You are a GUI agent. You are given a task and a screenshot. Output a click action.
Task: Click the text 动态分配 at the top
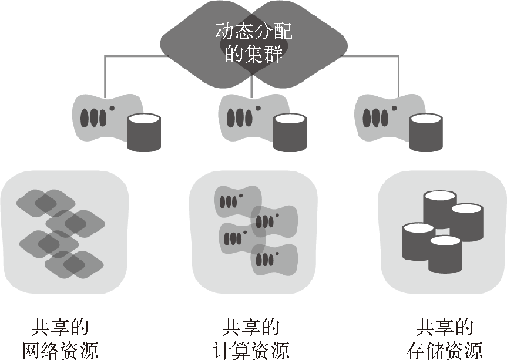click(253, 31)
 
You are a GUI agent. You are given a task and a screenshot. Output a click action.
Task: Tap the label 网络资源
click(61, 350)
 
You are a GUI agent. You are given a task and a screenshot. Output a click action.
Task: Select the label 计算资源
click(251, 350)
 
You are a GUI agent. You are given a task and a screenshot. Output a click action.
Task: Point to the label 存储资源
click(444, 350)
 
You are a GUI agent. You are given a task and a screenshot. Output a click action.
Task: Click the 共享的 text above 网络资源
click(61, 328)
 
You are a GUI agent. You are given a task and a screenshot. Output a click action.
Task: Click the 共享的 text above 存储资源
click(444, 328)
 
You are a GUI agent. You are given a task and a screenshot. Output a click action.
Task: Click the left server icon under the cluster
click(97, 115)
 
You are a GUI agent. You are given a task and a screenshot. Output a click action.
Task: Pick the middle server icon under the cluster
click(242, 115)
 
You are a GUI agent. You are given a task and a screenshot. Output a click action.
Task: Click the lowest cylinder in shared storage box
click(445, 254)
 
